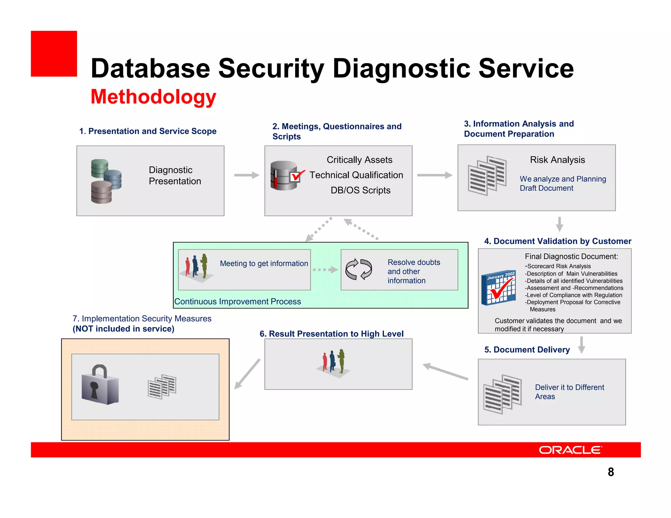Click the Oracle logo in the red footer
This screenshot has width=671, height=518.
pos(570,450)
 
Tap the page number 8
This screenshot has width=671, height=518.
pos(611,472)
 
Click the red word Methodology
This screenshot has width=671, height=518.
pos(153,97)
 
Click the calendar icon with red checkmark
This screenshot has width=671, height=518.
pos(499,287)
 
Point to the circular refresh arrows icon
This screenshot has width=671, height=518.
pos(359,269)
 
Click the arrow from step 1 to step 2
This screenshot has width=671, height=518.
pos(246,175)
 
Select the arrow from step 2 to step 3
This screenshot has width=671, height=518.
pos(434,175)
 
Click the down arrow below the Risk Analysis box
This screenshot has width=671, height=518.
pos(560,224)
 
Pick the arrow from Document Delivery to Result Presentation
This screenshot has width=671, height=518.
pos(445,372)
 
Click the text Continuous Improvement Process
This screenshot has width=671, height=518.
pos(238,302)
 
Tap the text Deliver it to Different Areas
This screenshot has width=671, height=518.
pos(569,392)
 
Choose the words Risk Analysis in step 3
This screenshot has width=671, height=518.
pos(557,160)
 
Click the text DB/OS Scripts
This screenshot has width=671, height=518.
pos(360,190)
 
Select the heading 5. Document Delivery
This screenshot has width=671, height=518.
pos(527,350)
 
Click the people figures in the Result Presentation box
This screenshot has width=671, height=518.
pos(334,363)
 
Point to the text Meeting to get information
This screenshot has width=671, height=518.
pos(264,264)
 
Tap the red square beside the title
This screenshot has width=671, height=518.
pos(54,54)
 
